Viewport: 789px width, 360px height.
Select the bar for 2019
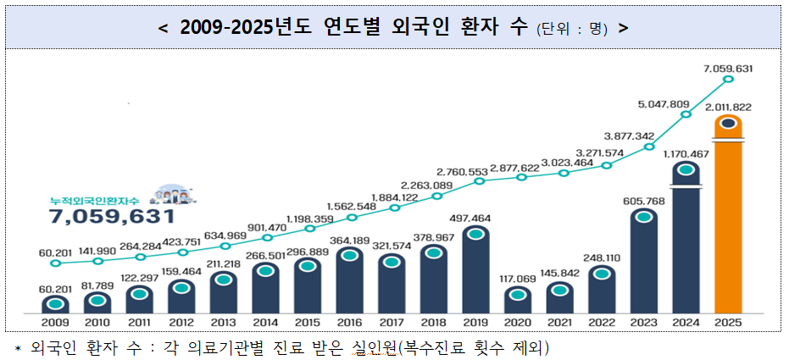tap(476, 271)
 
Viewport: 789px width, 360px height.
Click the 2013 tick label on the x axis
tap(223, 323)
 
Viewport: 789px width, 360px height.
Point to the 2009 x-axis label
tap(55, 323)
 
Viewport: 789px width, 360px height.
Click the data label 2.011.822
tap(729, 108)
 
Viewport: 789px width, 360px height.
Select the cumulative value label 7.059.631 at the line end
tap(729, 68)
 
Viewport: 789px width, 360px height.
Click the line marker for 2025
tap(728, 80)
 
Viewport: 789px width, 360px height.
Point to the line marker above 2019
tap(479, 180)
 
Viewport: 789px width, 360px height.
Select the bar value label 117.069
tap(518, 279)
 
